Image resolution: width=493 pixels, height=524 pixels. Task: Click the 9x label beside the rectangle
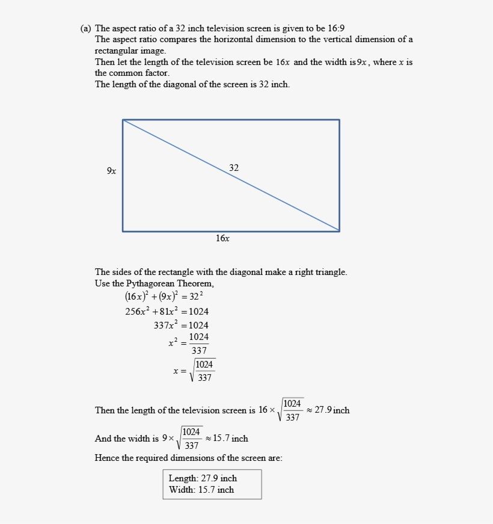(x=112, y=171)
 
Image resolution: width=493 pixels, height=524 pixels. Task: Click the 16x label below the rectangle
(x=222, y=239)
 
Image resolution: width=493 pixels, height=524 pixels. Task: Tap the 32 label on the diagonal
(x=234, y=168)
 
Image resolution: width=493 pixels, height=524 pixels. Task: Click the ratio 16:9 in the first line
(x=336, y=28)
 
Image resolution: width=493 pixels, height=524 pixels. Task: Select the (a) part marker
(x=85, y=28)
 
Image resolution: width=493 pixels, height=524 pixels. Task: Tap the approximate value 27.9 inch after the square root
(x=332, y=410)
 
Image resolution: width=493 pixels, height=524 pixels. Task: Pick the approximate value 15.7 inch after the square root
(x=230, y=439)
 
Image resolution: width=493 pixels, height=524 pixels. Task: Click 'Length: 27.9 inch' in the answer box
(x=203, y=478)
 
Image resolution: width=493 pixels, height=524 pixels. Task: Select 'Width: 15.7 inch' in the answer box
(x=201, y=490)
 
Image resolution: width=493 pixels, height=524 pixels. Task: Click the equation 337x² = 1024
(x=181, y=325)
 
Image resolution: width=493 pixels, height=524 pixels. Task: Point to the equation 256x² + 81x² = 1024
(x=167, y=312)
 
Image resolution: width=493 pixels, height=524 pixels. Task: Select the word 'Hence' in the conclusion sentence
(x=106, y=458)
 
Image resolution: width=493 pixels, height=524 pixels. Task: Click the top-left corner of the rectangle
(x=123, y=120)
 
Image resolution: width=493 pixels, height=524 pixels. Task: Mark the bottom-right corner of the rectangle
(x=339, y=231)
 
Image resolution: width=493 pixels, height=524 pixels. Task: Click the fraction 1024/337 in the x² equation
(x=199, y=344)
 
